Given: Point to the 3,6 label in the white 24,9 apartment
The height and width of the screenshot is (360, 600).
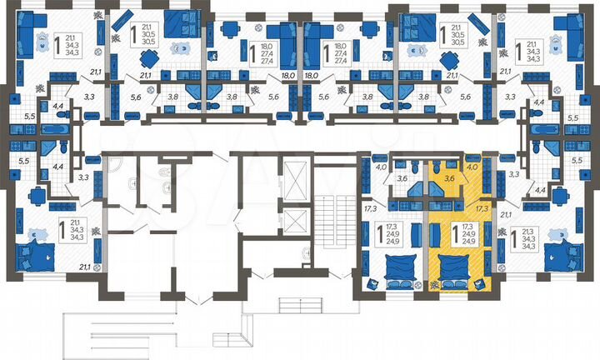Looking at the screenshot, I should [x=401, y=177].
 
